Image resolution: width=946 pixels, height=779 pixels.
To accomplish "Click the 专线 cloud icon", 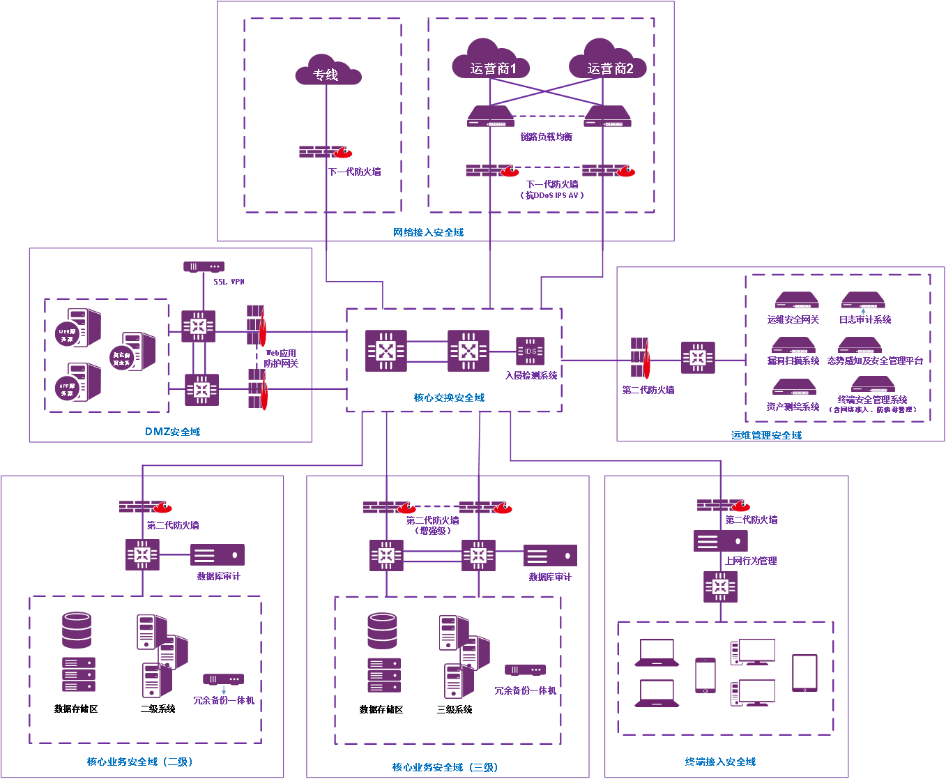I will point(327,70).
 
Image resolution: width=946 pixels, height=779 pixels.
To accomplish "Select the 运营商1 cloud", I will point(491,63).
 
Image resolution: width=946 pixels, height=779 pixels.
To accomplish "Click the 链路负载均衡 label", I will point(547,137).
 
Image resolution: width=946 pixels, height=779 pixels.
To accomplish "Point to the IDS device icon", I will point(530,351).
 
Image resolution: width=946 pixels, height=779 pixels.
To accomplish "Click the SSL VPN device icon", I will point(204,267).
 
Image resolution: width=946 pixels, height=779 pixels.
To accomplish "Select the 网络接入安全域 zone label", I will point(428,232).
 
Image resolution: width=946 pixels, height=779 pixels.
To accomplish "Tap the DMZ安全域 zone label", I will point(172,432).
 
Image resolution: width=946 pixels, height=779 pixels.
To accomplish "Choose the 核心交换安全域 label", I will point(449,398).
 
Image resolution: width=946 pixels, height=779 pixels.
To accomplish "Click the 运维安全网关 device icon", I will point(797,301).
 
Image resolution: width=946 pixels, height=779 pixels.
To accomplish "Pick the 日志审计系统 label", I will point(865,319).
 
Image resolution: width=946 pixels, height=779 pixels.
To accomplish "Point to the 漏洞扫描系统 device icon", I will point(793,345).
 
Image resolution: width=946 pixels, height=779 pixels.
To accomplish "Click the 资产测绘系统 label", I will point(793,407).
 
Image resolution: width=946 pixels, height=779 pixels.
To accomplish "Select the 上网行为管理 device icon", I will point(721,540).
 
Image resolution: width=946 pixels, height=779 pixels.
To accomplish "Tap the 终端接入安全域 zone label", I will point(720,762).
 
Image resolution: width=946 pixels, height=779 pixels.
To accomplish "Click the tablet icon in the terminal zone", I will point(804,672).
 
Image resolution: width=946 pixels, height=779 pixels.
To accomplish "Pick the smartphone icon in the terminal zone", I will point(705,675).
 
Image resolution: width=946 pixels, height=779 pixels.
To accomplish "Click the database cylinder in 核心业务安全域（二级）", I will point(77,630).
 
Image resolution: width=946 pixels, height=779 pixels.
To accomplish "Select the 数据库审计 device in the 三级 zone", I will point(550,555).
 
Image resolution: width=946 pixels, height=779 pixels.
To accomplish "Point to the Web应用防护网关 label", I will point(281,358).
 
